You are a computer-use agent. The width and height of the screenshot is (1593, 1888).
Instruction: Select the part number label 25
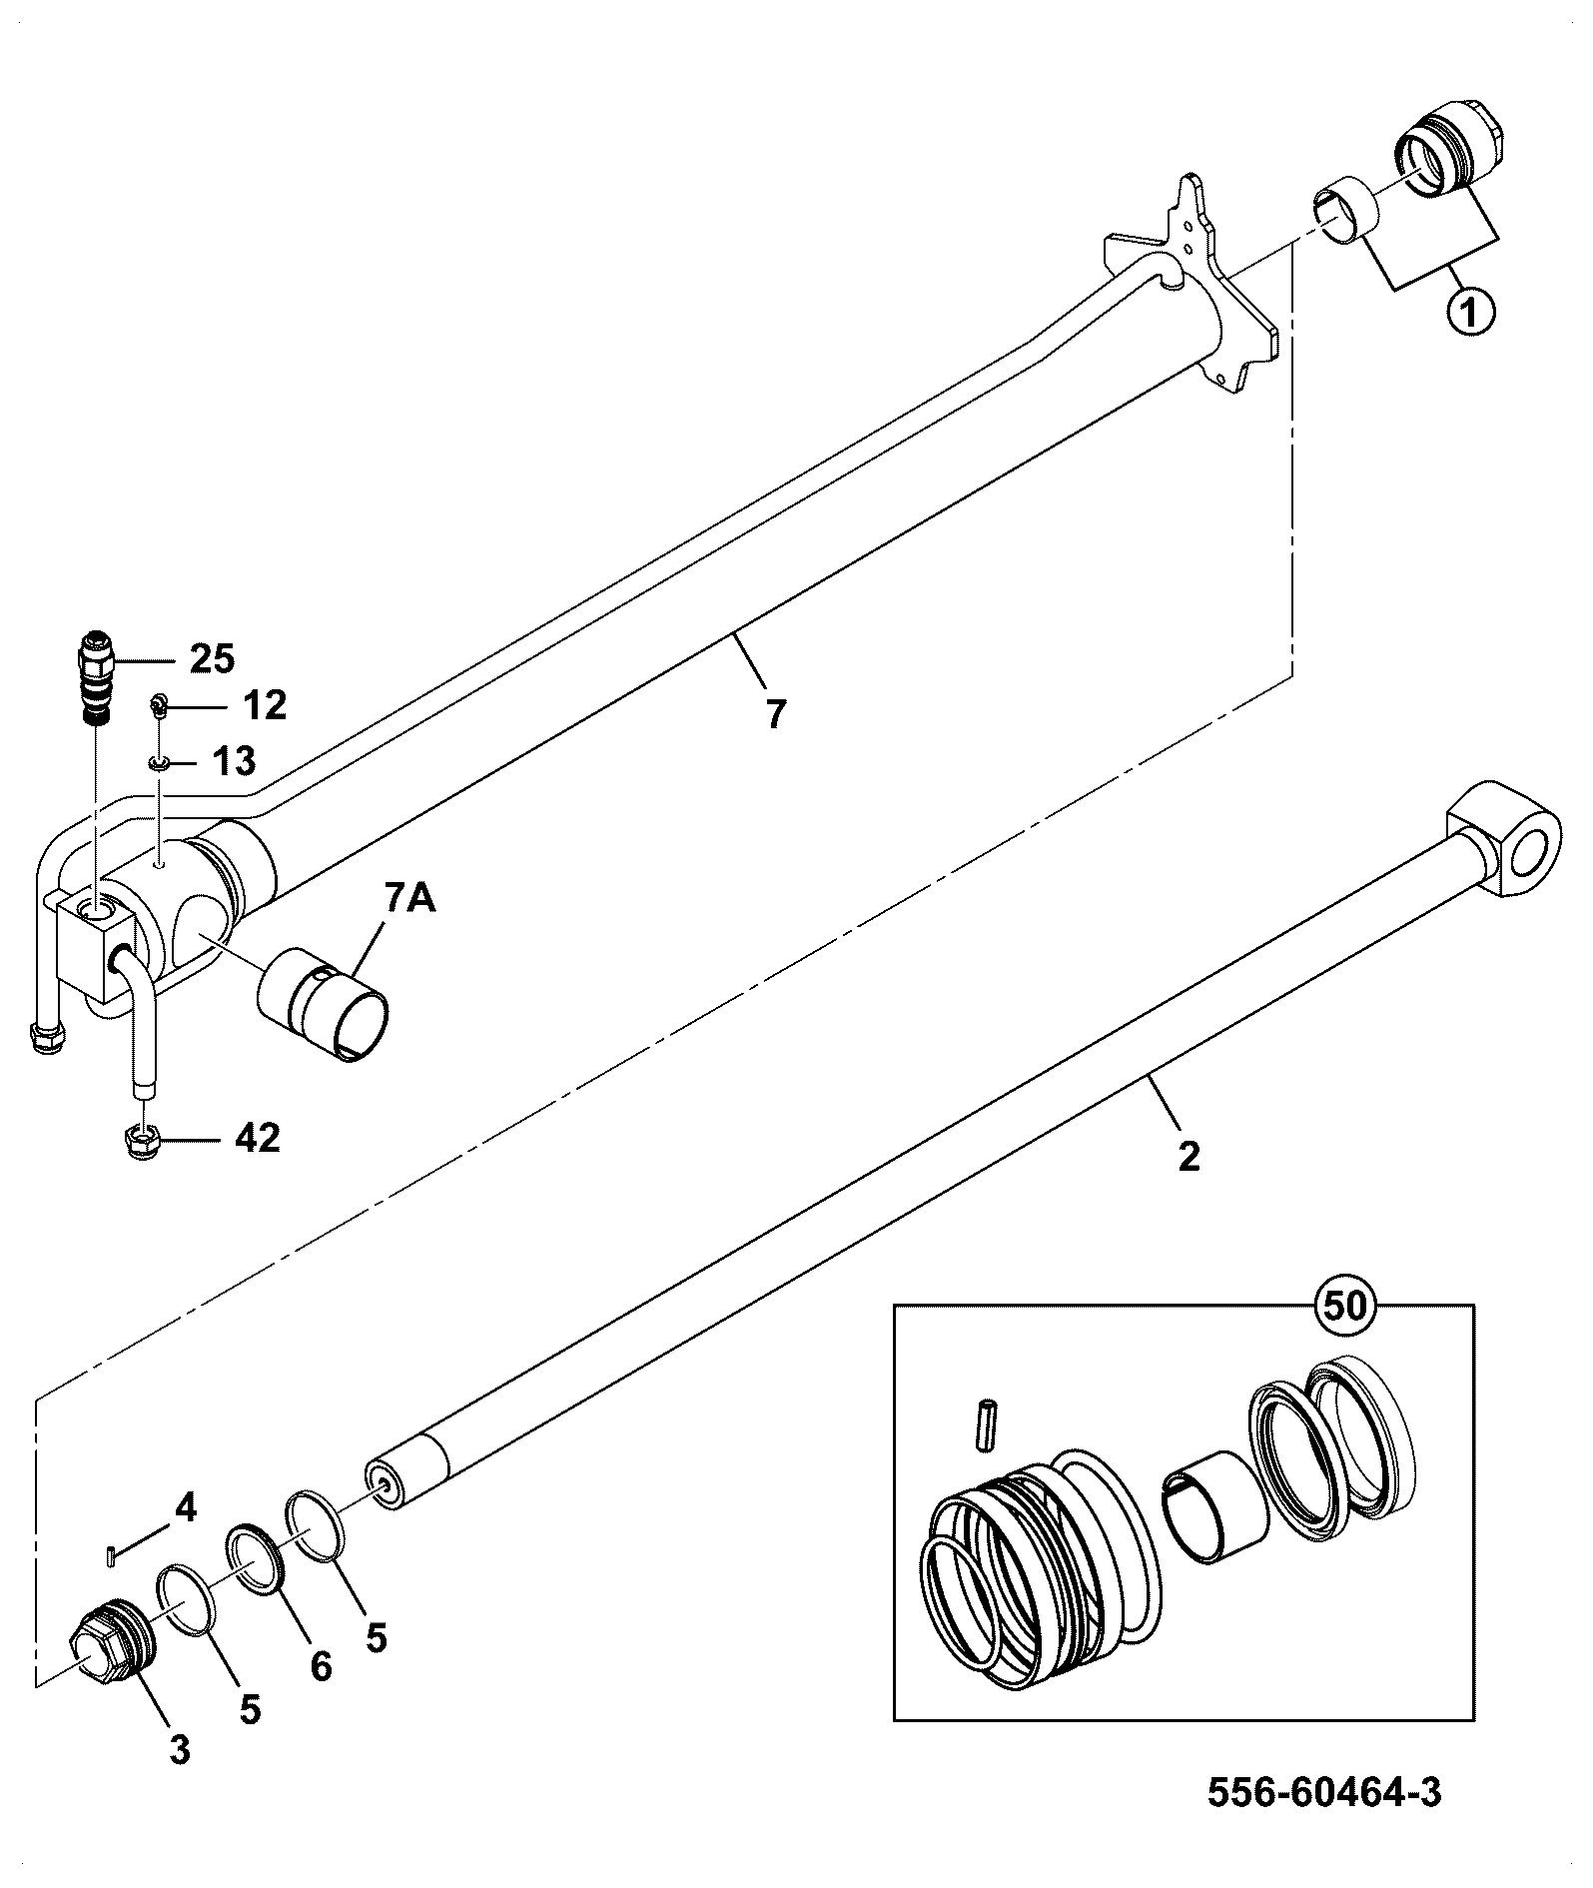tap(212, 659)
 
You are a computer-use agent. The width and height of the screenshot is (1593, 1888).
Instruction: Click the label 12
tap(264, 705)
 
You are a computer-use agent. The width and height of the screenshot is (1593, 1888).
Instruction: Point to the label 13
tap(233, 762)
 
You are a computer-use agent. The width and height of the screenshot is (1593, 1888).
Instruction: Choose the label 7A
tap(408, 900)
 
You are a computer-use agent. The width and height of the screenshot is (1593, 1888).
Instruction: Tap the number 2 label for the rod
tap(1189, 1157)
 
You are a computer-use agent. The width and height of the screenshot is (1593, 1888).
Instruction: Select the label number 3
tap(180, 1748)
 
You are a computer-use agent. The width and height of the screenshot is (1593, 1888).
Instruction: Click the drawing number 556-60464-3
tap(1325, 1793)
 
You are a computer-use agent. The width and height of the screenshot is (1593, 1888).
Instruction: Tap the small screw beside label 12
tap(158, 706)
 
